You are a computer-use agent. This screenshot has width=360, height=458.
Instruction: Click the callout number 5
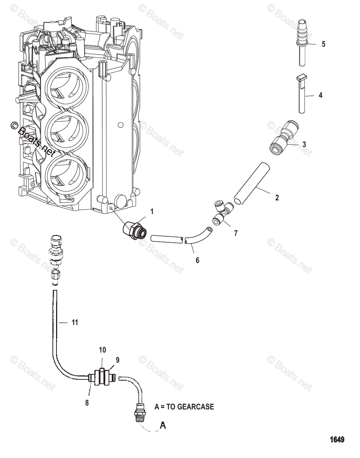click(x=323, y=44)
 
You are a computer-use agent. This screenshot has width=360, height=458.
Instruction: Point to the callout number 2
click(x=277, y=198)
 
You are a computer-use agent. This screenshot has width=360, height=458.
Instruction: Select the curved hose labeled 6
click(x=196, y=236)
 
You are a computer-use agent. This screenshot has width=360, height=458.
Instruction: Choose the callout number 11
click(x=75, y=323)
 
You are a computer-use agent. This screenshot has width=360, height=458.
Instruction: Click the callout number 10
click(x=103, y=350)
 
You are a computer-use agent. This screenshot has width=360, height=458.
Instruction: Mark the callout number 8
click(x=87, y=402)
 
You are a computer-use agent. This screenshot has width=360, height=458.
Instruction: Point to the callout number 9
click(x=117, y=359)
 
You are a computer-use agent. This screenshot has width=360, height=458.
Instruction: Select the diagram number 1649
click(x=337, y=439)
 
